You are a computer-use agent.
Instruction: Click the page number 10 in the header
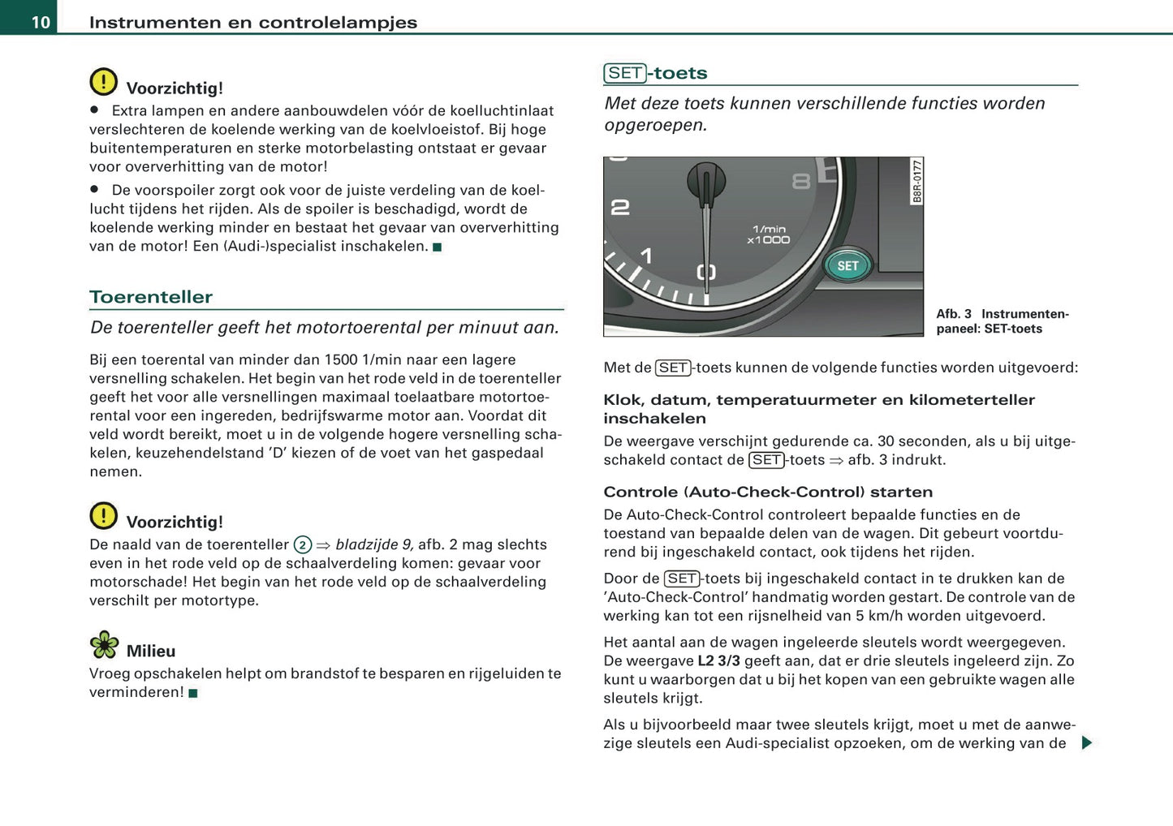pyautogui.click(x=41, y=22)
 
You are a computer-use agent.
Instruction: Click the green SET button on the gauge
pyautogui.click(x=847, y=266)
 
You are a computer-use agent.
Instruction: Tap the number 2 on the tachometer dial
pyautogui.click(x=620, y=208)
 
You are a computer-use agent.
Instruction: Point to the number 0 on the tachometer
pyautogui.click(x=706, y=272)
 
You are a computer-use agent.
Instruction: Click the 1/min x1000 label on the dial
pyautogui.click(x=768, y=234)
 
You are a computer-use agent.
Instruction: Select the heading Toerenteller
pyautogui.click(x=151, y=297)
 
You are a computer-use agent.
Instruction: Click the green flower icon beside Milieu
pyautogui.click(x=104, y=645)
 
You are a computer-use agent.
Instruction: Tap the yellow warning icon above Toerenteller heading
pyautogui.click(x=103, y=82)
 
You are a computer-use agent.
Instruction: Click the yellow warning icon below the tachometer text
pyautogui.click(x=103, y=516)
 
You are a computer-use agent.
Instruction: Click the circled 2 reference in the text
pyautogui.click(x=302, y=545)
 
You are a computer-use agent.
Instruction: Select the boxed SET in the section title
pyautogui.click(x=625, y=73)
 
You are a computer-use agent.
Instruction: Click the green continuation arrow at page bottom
pyautogui.click(x=1087, y=742)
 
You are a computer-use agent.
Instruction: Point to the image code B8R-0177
pyautogui.click(x=916, y=181)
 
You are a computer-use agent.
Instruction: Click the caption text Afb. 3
pyautogui.click(x=953, y=314)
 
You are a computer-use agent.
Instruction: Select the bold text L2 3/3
pyautogui.click(x=718, y=661)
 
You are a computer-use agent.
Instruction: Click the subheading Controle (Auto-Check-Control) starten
pyautogui.click(x=768, y=492)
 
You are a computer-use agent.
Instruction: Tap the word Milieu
pyautogui.click(x=151, y=652)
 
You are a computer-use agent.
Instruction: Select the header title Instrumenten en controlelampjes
pyautogui.click(x=253, y=23)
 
